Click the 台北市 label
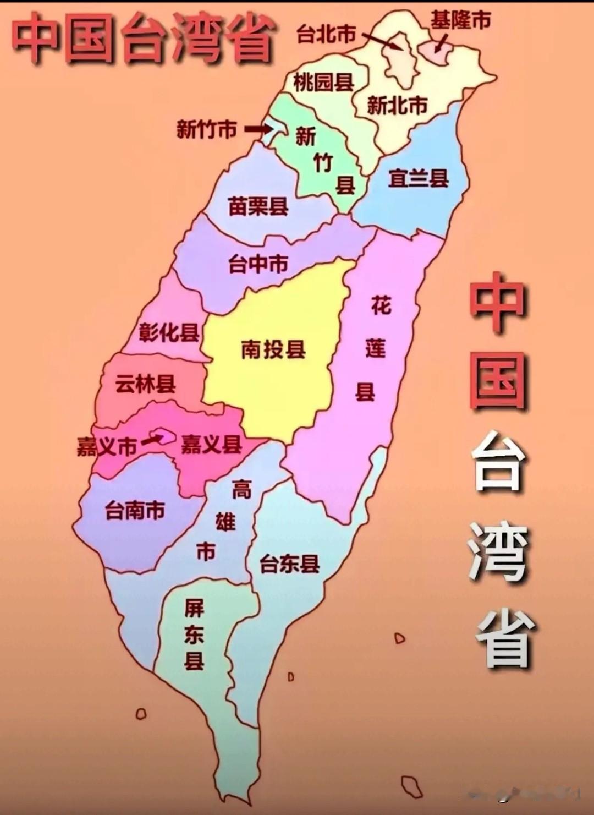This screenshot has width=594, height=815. tap(326, 34)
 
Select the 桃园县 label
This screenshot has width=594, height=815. tap(323, 83)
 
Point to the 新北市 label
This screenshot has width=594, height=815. tap(397, 105)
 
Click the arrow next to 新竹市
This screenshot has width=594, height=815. tap(257, 129)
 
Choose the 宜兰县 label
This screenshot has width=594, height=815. tap(418, 178)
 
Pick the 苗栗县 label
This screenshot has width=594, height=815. tap(258, 206)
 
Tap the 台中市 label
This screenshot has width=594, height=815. tap(258, 264)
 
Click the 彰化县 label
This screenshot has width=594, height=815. tap(168, 332)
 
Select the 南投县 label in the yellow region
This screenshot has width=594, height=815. tap(273, 349)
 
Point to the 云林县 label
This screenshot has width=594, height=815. tap(145, 383)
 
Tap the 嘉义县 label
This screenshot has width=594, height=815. tap(212, 444)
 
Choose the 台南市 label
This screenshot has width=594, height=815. tap(135, 510)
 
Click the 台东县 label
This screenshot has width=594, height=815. tap(289, 563)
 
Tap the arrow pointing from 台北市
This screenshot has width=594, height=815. tap(382, 42)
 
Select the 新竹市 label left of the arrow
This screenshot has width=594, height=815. tap(206, 130)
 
